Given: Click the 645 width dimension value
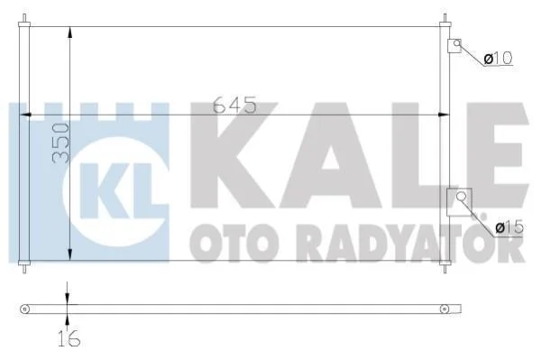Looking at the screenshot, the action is coord(235,105).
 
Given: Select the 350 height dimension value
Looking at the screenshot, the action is coord(60,143).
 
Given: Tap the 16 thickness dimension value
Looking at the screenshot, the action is coord(69,338).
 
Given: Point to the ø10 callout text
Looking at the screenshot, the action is coord(498,58).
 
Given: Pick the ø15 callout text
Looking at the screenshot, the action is coord(509,227).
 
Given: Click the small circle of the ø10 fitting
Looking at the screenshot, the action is coord(457,43).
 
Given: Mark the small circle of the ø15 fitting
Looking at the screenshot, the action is coord(461,197).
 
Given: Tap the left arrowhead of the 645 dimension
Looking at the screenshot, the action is coord(26,115).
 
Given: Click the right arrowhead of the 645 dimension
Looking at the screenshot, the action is coord(444,115).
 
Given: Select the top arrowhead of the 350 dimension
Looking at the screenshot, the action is coord(70,32).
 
